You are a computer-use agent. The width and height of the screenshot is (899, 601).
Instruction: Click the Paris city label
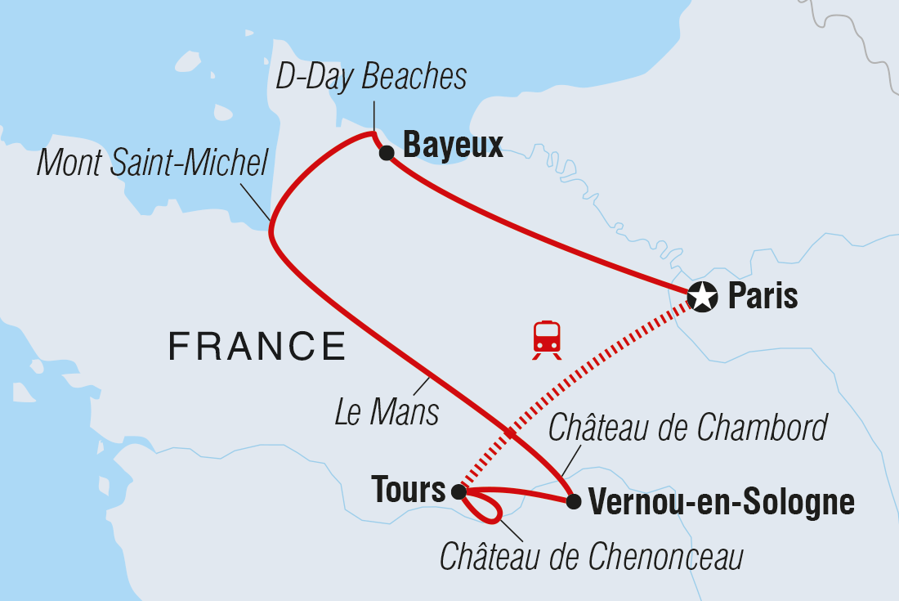763,296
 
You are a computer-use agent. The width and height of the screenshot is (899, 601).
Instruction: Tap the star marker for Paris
702,297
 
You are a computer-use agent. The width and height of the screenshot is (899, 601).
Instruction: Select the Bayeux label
453,146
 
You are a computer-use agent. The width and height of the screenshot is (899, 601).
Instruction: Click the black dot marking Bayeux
387,152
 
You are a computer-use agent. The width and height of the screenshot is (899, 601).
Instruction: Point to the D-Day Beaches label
371,77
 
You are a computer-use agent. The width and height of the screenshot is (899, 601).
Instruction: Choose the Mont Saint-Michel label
153,164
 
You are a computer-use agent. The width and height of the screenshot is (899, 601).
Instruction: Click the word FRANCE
257,347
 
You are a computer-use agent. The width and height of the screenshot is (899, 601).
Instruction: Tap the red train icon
547,339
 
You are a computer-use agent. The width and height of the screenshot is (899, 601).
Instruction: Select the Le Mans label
387,413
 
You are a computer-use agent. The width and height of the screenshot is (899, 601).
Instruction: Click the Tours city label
409,491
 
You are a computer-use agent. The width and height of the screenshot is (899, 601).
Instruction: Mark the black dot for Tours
458,492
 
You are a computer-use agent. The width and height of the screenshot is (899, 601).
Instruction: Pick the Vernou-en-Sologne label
722,502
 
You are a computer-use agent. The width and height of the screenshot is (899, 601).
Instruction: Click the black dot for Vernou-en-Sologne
574,501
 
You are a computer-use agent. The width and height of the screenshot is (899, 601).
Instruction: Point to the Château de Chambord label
688,428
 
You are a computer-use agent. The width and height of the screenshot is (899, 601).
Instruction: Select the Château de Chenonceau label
592,558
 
